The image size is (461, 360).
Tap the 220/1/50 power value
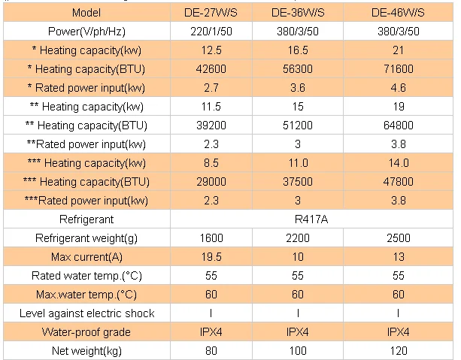[x=211, y=32]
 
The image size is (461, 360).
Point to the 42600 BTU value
[x=211, y=70]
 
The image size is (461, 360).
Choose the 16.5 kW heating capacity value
[x=299, y=51]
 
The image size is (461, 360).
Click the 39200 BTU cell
[x=211, y=126]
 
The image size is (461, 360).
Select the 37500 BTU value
[x=299, y=182]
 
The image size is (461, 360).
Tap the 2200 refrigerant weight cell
[x=299, y=238]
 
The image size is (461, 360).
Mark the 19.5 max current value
[x=211, y=257]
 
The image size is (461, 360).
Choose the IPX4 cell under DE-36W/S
[x=299, y=331]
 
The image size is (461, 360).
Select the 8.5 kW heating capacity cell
[x=211, y=163]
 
